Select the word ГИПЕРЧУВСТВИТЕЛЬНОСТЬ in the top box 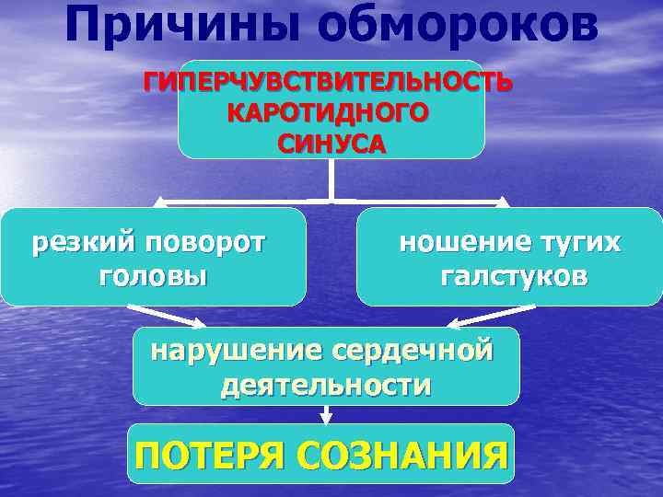coord(328,84)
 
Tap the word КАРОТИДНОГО coord(329,114)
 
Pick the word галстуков coord(514,276)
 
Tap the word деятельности coord(325,385)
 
